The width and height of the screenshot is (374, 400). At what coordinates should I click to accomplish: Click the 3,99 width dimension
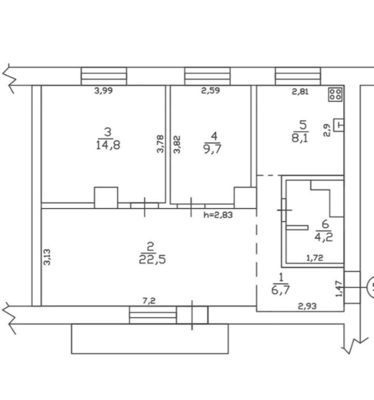[104, 90]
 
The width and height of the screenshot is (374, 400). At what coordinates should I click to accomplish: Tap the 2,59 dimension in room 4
[211, 90]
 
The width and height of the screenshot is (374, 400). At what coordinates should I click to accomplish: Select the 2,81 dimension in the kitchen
[300, 92]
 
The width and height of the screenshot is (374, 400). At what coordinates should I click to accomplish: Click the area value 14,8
[108, 146]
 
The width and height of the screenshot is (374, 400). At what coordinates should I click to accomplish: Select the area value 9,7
[212, 149]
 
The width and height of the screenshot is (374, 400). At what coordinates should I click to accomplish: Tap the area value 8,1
[300, 138]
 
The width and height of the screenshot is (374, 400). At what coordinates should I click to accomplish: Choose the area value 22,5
[153, 260]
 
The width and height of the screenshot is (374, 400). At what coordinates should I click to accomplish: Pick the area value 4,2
[324, 238]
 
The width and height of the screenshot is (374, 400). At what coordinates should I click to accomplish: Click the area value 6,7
[280, 290]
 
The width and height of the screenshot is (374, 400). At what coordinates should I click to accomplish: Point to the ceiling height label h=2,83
[218, 215]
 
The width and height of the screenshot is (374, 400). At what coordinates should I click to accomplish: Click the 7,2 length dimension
[149, 301]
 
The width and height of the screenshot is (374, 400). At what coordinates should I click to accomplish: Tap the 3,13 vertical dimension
[47, 257]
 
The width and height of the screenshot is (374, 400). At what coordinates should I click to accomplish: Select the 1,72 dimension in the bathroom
[315, 258]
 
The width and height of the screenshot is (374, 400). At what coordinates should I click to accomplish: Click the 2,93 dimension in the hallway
[307, 306]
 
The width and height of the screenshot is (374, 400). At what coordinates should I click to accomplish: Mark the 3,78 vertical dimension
[160, 144]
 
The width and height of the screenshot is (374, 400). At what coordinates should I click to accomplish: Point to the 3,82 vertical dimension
[177, 145]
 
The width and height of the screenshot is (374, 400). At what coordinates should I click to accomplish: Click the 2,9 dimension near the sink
[327, 130]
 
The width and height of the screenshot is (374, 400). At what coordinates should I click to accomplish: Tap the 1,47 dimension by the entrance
[338, 289]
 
